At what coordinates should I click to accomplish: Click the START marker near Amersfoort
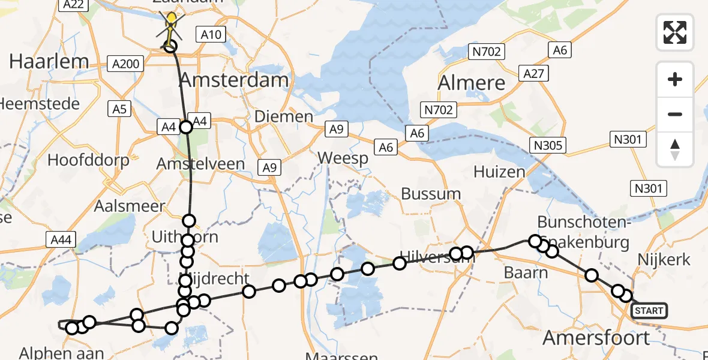[x=649, y=310]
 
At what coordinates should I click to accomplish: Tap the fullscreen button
[x=675, y=32]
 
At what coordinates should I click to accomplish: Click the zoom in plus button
[x=675, y=79]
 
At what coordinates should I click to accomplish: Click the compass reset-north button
[x=675, y=149]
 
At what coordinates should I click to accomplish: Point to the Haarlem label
[x=49, y=61]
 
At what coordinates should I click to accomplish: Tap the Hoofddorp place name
[x=88, y=160]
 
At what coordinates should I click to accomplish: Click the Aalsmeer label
[x=129, y=206]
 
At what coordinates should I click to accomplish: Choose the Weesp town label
[x=343, y=158]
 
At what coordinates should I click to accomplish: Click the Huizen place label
[x=499, y=172]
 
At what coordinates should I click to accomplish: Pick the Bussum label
[x=431, y=194]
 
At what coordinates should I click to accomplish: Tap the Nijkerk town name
[x=665, y=260]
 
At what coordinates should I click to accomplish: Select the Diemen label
[x=284, y=116]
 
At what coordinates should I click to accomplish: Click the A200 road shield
[x=124, y=62]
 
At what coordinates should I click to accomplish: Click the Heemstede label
[x=39, y=104]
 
